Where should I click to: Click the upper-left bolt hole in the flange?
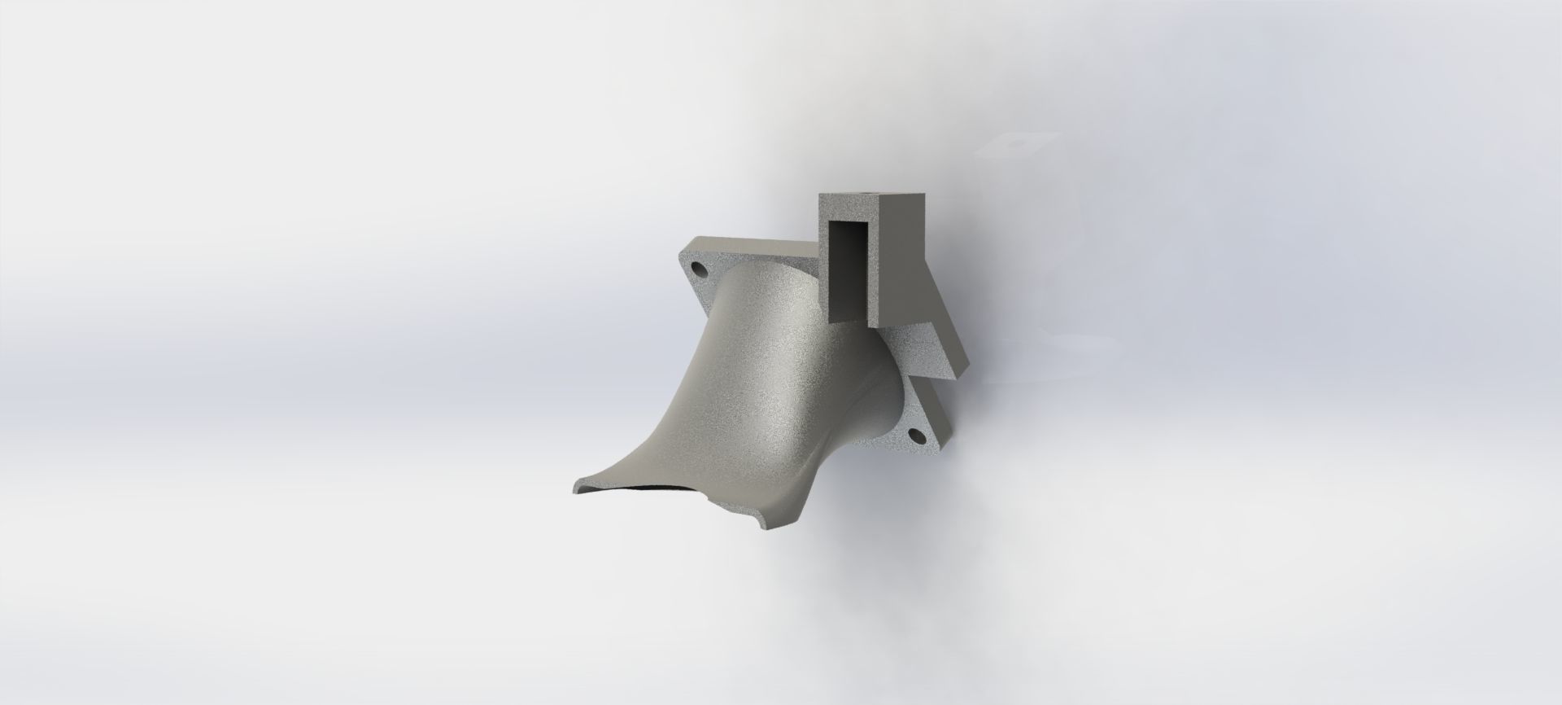(x=697, y=267)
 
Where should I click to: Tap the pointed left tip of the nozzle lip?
(x=574, y=492)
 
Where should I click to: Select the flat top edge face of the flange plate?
(x=748, y=242)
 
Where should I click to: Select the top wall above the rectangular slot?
(x=851, y=212)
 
